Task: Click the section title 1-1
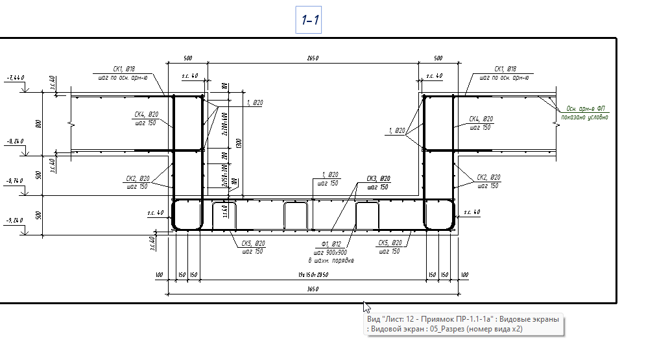[309, 21]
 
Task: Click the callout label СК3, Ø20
[378, 178]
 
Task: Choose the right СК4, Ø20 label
[481, 119]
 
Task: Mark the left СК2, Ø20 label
[137, 178]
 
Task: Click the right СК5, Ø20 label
[390, 243]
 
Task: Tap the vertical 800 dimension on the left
[39, 123]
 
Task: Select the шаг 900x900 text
[335, 252]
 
